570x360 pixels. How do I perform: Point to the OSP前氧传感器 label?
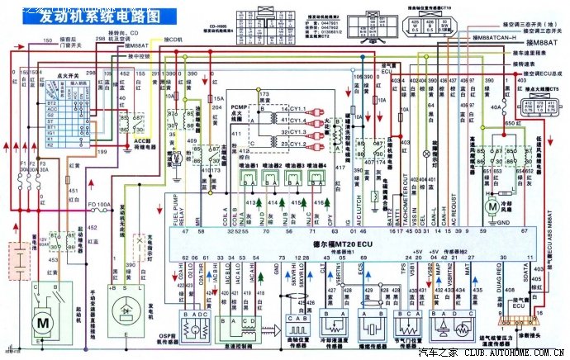[x=192, y=339]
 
